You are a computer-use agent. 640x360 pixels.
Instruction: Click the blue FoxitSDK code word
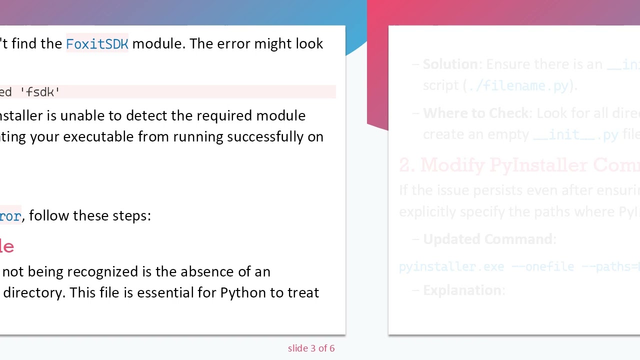point(97,44)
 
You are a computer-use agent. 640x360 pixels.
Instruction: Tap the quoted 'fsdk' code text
point(40,92)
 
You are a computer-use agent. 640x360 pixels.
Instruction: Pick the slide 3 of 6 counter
point(311,348)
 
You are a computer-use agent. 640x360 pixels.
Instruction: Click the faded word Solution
point(450,64)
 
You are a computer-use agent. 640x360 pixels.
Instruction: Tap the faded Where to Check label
point(475,113)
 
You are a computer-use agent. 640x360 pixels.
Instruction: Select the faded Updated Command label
point(487,239)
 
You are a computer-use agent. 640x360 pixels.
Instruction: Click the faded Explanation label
point(462,290)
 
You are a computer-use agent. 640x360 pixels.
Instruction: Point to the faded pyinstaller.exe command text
point(451,267)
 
